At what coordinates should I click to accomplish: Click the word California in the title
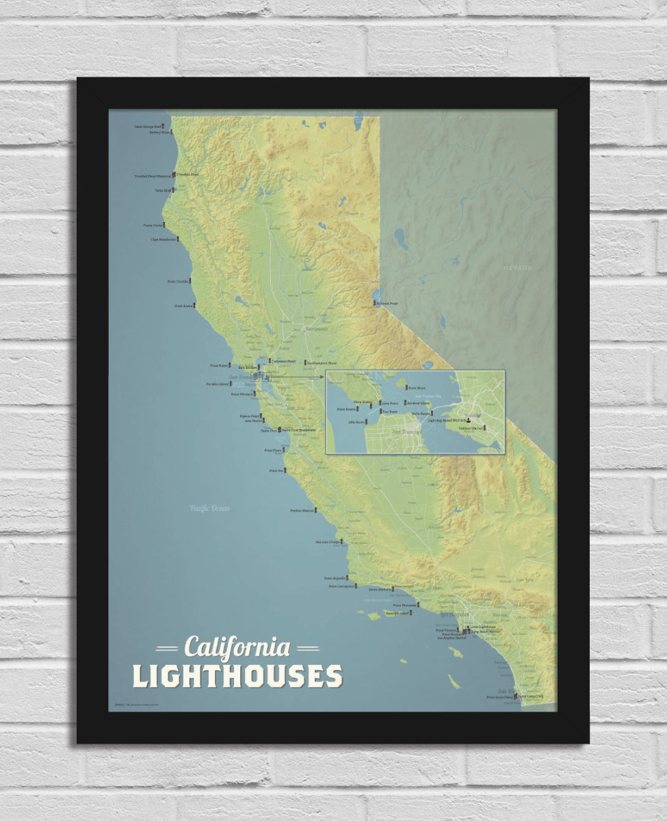point(237,647)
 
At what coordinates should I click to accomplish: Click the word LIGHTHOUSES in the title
point(237,676)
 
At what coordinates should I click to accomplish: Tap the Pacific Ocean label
point(209,508)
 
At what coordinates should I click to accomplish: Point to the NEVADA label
point(517,268)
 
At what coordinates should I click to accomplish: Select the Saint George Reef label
point(147,127)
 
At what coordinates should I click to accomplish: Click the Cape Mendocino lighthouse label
point(163,239)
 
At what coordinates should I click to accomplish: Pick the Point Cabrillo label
point(177,281)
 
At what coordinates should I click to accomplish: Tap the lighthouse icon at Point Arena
point(194,305)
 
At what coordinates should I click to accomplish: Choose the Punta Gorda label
point(153,225)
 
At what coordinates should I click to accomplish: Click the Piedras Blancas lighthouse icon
point(315,510)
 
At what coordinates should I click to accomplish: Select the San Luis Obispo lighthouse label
point(327,542)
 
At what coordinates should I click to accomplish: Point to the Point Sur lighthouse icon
point(286,471)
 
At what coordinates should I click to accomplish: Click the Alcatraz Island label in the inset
point(419,403)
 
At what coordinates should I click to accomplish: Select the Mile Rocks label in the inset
point(356,422)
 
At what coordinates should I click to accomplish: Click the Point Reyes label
point(219,366)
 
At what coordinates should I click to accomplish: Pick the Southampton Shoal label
point(322,362)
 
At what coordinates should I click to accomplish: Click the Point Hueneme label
point(405,605)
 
